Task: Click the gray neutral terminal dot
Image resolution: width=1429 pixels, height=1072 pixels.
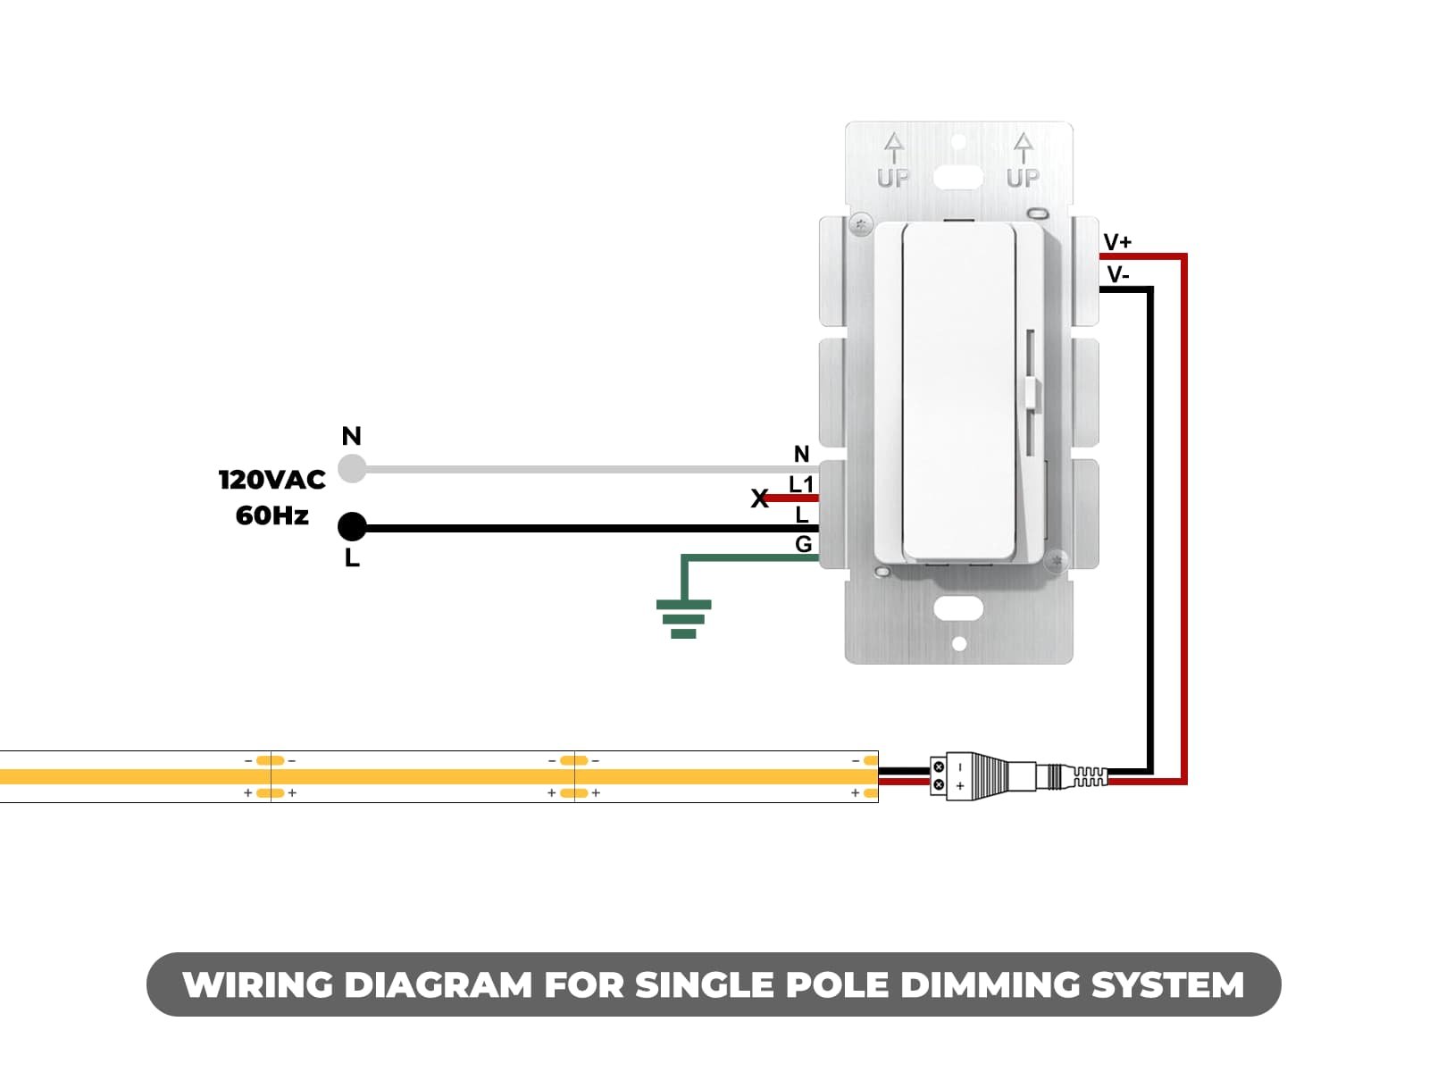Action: tap(353, 468)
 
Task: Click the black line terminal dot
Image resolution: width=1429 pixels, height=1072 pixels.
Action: tap(352, 527)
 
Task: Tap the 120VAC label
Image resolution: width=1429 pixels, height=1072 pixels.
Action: tap(272, 480)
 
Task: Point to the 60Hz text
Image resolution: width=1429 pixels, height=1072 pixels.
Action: tap(272, 515)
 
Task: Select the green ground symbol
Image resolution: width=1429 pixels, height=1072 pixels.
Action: tap(683, 618)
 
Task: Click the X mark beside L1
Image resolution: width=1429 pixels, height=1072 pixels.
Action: tap(759, 498)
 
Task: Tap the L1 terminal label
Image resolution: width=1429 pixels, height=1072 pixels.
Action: tap(801, 485)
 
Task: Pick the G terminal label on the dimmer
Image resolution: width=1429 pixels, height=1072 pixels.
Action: tap(803, 544)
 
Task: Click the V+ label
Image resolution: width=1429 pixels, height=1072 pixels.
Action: tap(1117, 242)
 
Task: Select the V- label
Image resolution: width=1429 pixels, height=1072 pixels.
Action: tap(1117, 275)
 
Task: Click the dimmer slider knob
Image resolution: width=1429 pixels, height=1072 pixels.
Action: tap(1032, 393)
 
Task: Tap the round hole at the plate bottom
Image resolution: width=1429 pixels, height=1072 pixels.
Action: tap(959, 644)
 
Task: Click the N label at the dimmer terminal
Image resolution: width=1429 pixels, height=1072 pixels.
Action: tap(801, 455)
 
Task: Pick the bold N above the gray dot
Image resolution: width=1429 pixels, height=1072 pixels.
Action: tap(351, 436)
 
